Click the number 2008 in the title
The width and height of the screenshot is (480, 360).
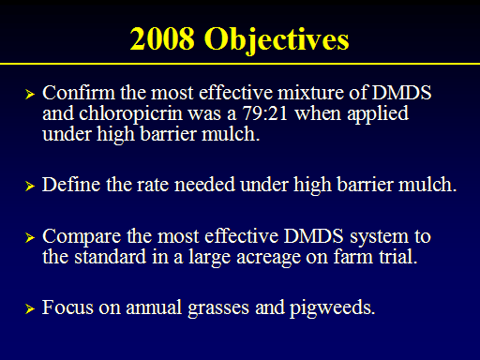point(162,38)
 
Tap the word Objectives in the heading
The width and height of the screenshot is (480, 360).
point(277,41)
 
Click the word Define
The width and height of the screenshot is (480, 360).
point(71,185)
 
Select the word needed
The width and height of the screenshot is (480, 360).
point(204,185)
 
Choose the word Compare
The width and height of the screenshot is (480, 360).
point(82,237)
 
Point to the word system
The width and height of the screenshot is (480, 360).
point(379,237)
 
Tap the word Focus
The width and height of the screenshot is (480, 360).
point(67,307)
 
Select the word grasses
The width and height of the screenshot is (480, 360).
point(218,308)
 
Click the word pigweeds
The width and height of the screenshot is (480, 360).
point(332,308)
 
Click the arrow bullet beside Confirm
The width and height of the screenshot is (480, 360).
point(30,94)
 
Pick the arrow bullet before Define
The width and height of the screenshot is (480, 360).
point(30,186)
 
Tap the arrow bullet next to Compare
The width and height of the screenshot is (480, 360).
point(30,237)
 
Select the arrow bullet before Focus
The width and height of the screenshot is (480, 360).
point(30,308)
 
